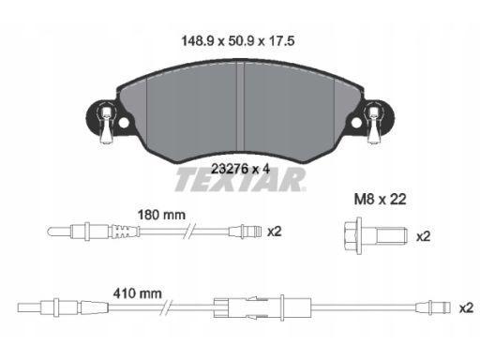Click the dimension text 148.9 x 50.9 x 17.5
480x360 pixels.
(x=238, y=41)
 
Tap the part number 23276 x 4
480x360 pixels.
(x=240, y=169)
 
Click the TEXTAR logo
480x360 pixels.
(x=240, y=180)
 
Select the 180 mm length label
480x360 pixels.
(x=161, y=215)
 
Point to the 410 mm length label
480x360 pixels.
(x=138, y=293)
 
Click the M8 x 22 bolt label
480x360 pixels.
(x=380, y=199)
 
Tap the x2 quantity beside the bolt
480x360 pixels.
(x=424, y=236)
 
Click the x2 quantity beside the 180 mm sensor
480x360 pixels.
(x=275, y=232)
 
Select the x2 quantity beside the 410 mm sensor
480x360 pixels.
(x=466, y=308)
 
